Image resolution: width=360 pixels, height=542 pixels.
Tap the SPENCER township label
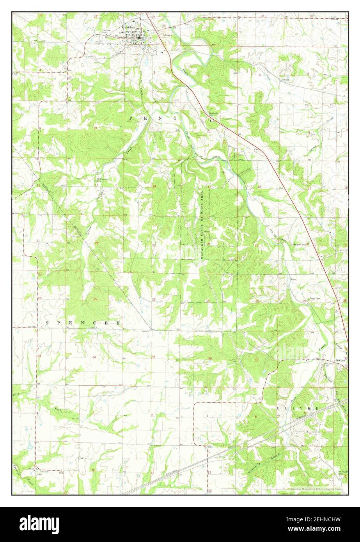(83, 323)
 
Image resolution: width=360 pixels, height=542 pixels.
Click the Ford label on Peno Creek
(293, 280)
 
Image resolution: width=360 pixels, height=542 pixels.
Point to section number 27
(96, 299)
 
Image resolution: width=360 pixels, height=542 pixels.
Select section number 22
(97, 243)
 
